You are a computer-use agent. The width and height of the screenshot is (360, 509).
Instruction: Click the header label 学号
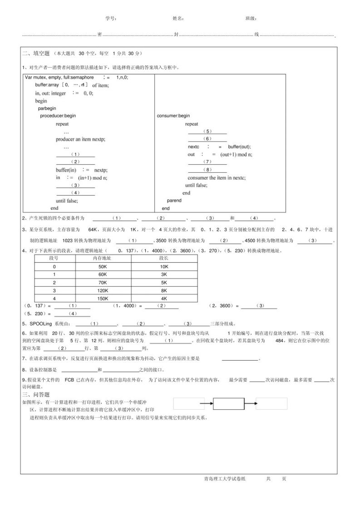coord(110,19)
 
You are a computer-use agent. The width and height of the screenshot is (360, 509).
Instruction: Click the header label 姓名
coord(178,19)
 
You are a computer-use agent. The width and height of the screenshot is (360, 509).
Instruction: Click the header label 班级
coord(251,19)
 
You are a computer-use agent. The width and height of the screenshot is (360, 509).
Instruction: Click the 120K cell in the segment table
coord(103,290)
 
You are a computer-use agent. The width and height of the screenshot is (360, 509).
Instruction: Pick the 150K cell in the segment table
coord(103,299)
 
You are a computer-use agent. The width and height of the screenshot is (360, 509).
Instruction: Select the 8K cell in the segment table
coord(164,290)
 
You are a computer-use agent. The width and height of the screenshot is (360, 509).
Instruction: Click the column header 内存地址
coord(102,258)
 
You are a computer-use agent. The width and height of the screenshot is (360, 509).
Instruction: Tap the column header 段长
coord(164,258)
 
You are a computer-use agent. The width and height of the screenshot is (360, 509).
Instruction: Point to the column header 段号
coord(54,258)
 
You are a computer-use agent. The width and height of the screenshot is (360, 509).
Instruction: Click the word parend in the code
coord(174,201)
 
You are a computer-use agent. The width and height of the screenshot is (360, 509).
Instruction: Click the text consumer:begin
coord(173,116)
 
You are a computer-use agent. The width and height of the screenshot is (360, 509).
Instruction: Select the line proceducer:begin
coord(58,116)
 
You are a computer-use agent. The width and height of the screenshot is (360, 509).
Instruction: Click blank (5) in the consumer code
coord(207,131)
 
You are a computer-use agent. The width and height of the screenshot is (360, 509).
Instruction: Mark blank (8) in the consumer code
coord(207,170)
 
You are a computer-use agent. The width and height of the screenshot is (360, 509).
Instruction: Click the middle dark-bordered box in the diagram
coord(229,404)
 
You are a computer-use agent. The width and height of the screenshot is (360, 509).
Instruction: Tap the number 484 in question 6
coord(280,340)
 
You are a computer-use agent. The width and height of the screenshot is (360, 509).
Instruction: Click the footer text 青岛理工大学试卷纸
coord(225,479)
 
